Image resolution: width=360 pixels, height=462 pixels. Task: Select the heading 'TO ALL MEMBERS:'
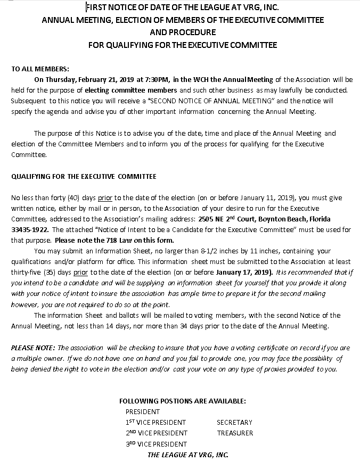point(40,69)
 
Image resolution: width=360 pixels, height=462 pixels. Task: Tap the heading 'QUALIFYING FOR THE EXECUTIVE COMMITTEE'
point(84,176)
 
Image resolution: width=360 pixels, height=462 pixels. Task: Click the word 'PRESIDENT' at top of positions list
point(143,411)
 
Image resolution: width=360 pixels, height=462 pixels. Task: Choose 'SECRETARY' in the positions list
point(234,422)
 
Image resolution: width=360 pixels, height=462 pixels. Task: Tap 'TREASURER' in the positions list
point(235,433)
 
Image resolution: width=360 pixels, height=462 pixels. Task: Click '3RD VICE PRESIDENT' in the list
point(156,444)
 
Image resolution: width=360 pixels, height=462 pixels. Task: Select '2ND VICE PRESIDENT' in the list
point(157,433)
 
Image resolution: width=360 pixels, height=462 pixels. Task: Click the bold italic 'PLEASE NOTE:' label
point(34,348)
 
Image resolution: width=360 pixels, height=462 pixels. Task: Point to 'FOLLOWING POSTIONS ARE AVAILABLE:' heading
point(182,401)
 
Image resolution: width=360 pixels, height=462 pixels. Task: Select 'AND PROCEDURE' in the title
point(183,32)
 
